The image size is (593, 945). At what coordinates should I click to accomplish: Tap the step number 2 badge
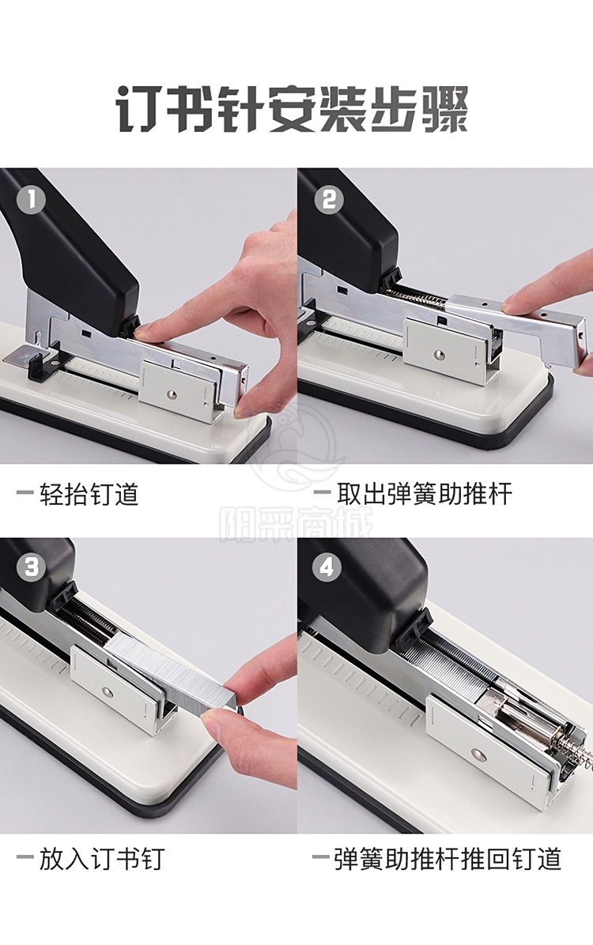point(329,199)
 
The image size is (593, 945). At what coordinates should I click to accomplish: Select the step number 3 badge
point(31,567)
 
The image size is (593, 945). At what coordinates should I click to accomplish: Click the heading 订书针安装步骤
point(293,109)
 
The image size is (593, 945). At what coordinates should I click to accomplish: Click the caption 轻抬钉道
point(89,494)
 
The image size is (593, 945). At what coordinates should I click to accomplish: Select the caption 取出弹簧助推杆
point(425,494)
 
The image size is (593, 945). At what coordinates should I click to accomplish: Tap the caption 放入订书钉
point(102,860)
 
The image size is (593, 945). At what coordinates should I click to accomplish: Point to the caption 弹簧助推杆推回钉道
point(448,860)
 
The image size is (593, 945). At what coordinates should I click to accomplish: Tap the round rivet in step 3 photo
point(107,692)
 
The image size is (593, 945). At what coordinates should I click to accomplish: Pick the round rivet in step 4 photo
point(478,753)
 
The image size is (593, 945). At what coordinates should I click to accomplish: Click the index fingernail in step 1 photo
point(145,329)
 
